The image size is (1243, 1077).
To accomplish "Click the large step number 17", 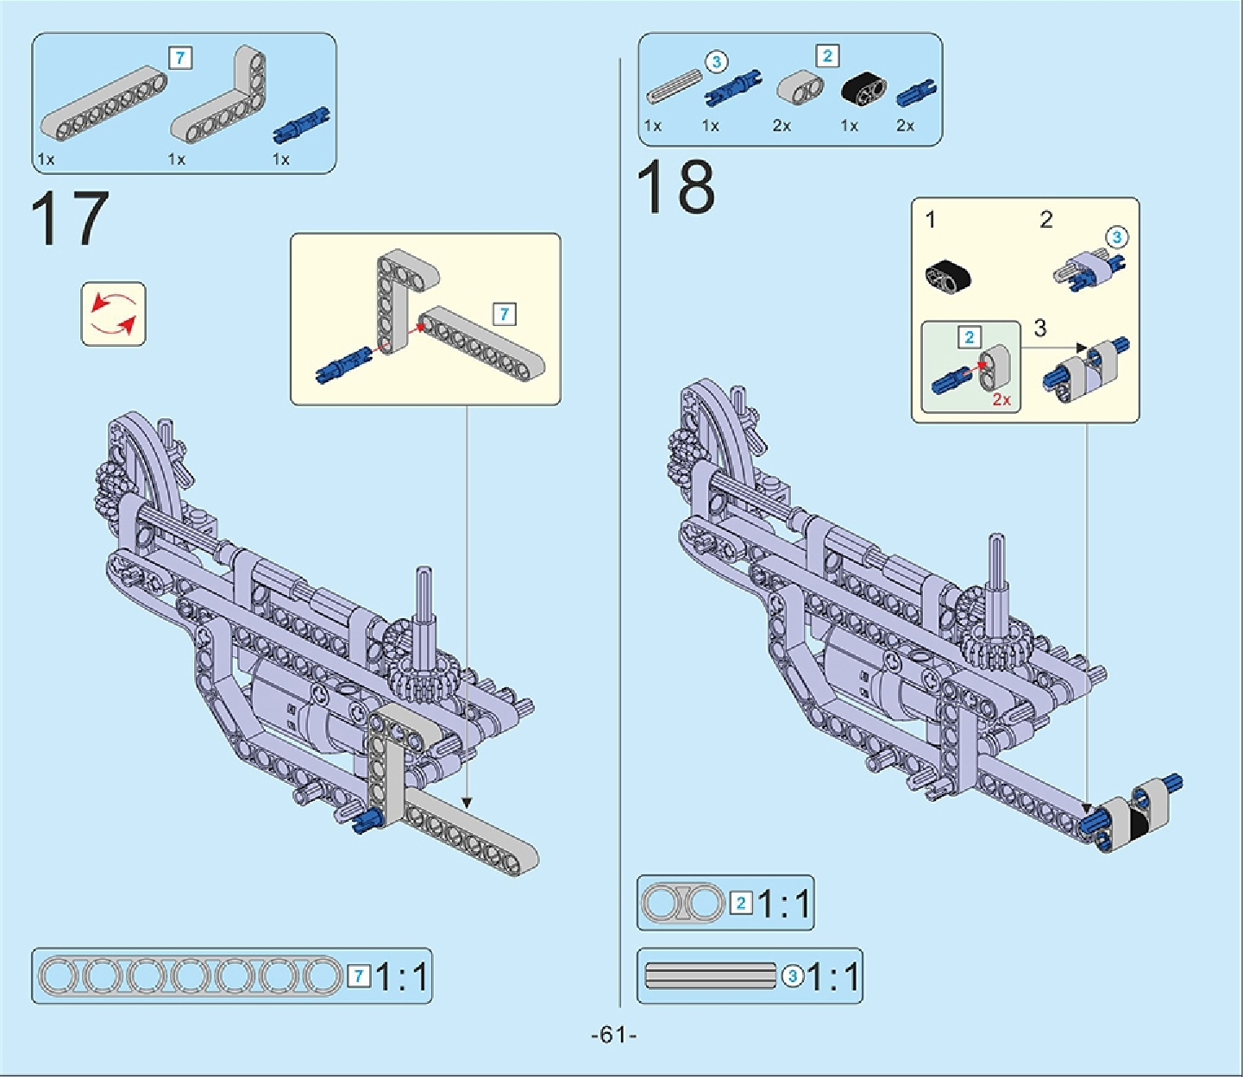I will [69, 219].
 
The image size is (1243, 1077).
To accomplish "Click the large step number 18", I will [675, 187].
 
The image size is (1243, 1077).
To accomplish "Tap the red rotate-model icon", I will [114, 314].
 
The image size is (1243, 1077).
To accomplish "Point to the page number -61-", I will [613, 1035].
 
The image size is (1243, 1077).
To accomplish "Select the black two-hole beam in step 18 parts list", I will [863, 88].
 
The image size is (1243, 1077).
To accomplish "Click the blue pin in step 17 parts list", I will [301, 125].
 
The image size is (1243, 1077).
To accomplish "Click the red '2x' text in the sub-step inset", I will [1001, 399].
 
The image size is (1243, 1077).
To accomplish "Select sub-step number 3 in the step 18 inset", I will [1039, 329].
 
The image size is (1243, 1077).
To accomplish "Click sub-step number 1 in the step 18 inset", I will [930, 220].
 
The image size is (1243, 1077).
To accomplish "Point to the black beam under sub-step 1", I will [948, 275].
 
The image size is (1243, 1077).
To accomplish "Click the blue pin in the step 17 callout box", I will [343, 365].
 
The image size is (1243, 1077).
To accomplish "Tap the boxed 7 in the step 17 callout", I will [505, 314].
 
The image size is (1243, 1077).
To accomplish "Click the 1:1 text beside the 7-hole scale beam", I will [402, 977].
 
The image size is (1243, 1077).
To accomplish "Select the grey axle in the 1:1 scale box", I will [711, 975].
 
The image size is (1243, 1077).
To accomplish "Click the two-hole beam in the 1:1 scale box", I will [684, 903].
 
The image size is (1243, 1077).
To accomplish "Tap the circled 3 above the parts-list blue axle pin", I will [716, 62].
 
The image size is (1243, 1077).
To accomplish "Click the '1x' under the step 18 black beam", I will [850, 126].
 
